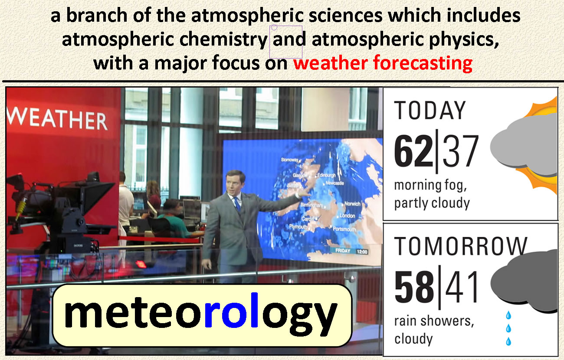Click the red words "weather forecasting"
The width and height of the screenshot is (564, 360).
(383, 63)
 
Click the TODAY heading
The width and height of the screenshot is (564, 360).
(430, 111)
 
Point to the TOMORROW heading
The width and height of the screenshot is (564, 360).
(460, 246)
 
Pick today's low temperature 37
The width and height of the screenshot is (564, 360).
(460, 151)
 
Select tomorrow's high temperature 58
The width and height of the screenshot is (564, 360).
(414, 287)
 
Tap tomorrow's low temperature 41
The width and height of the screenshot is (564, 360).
(461, 287)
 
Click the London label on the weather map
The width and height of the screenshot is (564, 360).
(347, 216)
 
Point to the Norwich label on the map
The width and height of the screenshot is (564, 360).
(352, 204)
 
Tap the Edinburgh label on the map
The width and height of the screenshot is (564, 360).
(326, 175)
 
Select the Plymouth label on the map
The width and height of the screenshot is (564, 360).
(298, 227)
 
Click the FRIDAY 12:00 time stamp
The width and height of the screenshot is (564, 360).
(351, 251)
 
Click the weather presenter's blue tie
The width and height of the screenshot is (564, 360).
(237, 204)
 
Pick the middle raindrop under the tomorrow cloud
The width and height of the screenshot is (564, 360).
(508, 328)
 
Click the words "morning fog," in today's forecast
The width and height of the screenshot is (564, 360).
(430, 186)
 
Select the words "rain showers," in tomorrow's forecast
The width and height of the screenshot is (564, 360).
(434, 321)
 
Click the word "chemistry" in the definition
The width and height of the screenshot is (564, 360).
(223, 39)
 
